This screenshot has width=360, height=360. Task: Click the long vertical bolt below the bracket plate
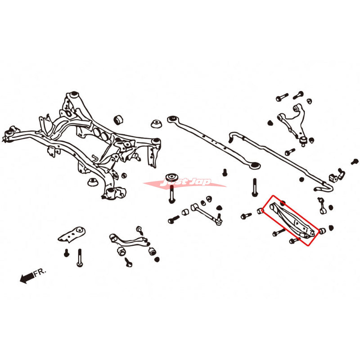[80, 257]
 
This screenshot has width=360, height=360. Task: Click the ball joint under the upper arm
[304, 141]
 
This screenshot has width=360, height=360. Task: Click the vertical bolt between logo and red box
[255, 186]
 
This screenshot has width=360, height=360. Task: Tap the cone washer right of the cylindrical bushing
[157, 124]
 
